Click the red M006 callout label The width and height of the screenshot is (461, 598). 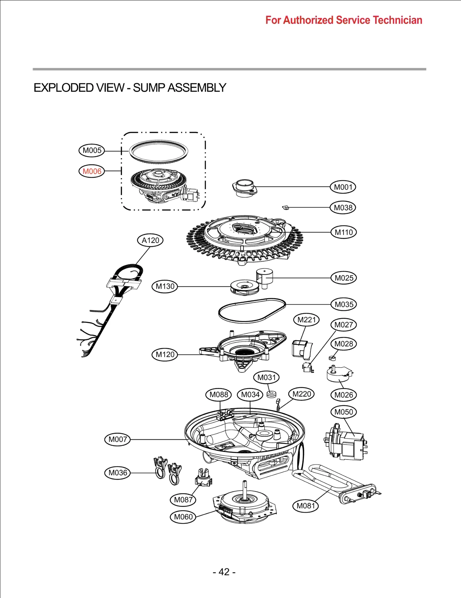click(x=92, y=171)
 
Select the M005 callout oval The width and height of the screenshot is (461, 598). click(x=92, y=150)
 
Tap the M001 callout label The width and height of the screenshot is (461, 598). click(x=343, y=187)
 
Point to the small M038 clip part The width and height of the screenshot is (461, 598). click(x=286, y=207)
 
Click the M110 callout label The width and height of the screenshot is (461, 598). click(x=343, y=232)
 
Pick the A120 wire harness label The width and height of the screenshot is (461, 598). click(x=150, y=240)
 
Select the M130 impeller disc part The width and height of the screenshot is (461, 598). click(x=245, y=287)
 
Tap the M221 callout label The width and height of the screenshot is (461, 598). click(x=306, y=320)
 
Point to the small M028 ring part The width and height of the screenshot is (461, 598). click(x=332, y=358)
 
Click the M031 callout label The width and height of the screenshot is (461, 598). click(x=266, y=377)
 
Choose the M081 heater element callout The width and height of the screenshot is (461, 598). click(x=305, y=506)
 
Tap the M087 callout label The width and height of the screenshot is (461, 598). click(x=183, y=500)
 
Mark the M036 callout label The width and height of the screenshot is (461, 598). click(x=118, y=473)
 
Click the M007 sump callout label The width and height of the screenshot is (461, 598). click(x=118, y=439)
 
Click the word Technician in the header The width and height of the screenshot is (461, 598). click(x=397, y=20)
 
